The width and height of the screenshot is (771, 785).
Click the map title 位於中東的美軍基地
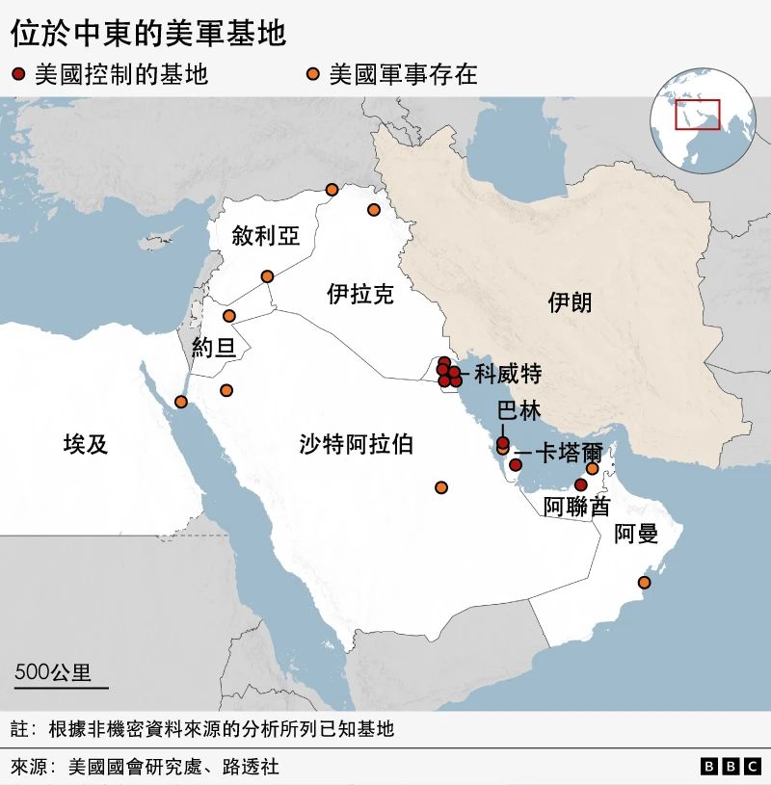click(148, 35)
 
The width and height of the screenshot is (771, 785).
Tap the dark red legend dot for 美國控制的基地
click(19, 74)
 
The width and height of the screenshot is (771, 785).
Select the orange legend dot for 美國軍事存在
click(313, 74)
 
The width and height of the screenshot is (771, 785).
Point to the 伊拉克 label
click(360, 294)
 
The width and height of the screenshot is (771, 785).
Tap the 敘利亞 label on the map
click(265, 236)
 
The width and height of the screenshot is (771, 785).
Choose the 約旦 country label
click(213, 348)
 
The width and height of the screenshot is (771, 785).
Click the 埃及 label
click(86, 444)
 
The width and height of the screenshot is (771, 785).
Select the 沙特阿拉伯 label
click(356, 444)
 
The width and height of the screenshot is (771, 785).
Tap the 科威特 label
click(508, 374)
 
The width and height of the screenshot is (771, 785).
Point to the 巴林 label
click(518, 411)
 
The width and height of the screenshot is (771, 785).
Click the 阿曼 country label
click(636, 534)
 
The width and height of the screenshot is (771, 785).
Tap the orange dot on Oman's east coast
click(645, 583)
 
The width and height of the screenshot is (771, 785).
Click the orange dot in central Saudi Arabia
click(441, 487)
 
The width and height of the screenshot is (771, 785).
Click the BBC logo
click(731, 767)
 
